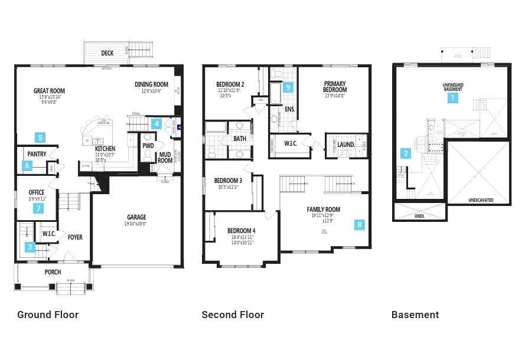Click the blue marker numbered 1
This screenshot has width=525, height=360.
click(x=453, y=98)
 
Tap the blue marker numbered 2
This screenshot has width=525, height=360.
click(x=406, y=153)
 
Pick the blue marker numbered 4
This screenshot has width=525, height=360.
click(x=156, y=123)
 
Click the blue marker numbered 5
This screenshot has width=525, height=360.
click(x=40, y=138)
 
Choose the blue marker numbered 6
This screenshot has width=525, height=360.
click(x=27, y=166)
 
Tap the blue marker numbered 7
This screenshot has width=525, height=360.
click(x=39, y=208)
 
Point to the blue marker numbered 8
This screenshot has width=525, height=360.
click(x=360, y=224)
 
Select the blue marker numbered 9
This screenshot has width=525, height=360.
click(x=288, y=88)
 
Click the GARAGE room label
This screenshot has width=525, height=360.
click(x=136, y=217)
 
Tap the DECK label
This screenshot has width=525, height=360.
click(x=107, y=53)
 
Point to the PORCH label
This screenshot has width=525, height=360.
click(x=53, y=272)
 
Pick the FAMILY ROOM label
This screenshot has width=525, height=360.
click(x=323, y=210)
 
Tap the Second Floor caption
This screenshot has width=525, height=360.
click(x=233, y=315)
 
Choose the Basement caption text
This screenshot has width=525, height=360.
click(x=415, y=315)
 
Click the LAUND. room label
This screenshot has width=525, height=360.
click(x=346, y=144)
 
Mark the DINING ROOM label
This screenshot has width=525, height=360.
click(x=151, y=84)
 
